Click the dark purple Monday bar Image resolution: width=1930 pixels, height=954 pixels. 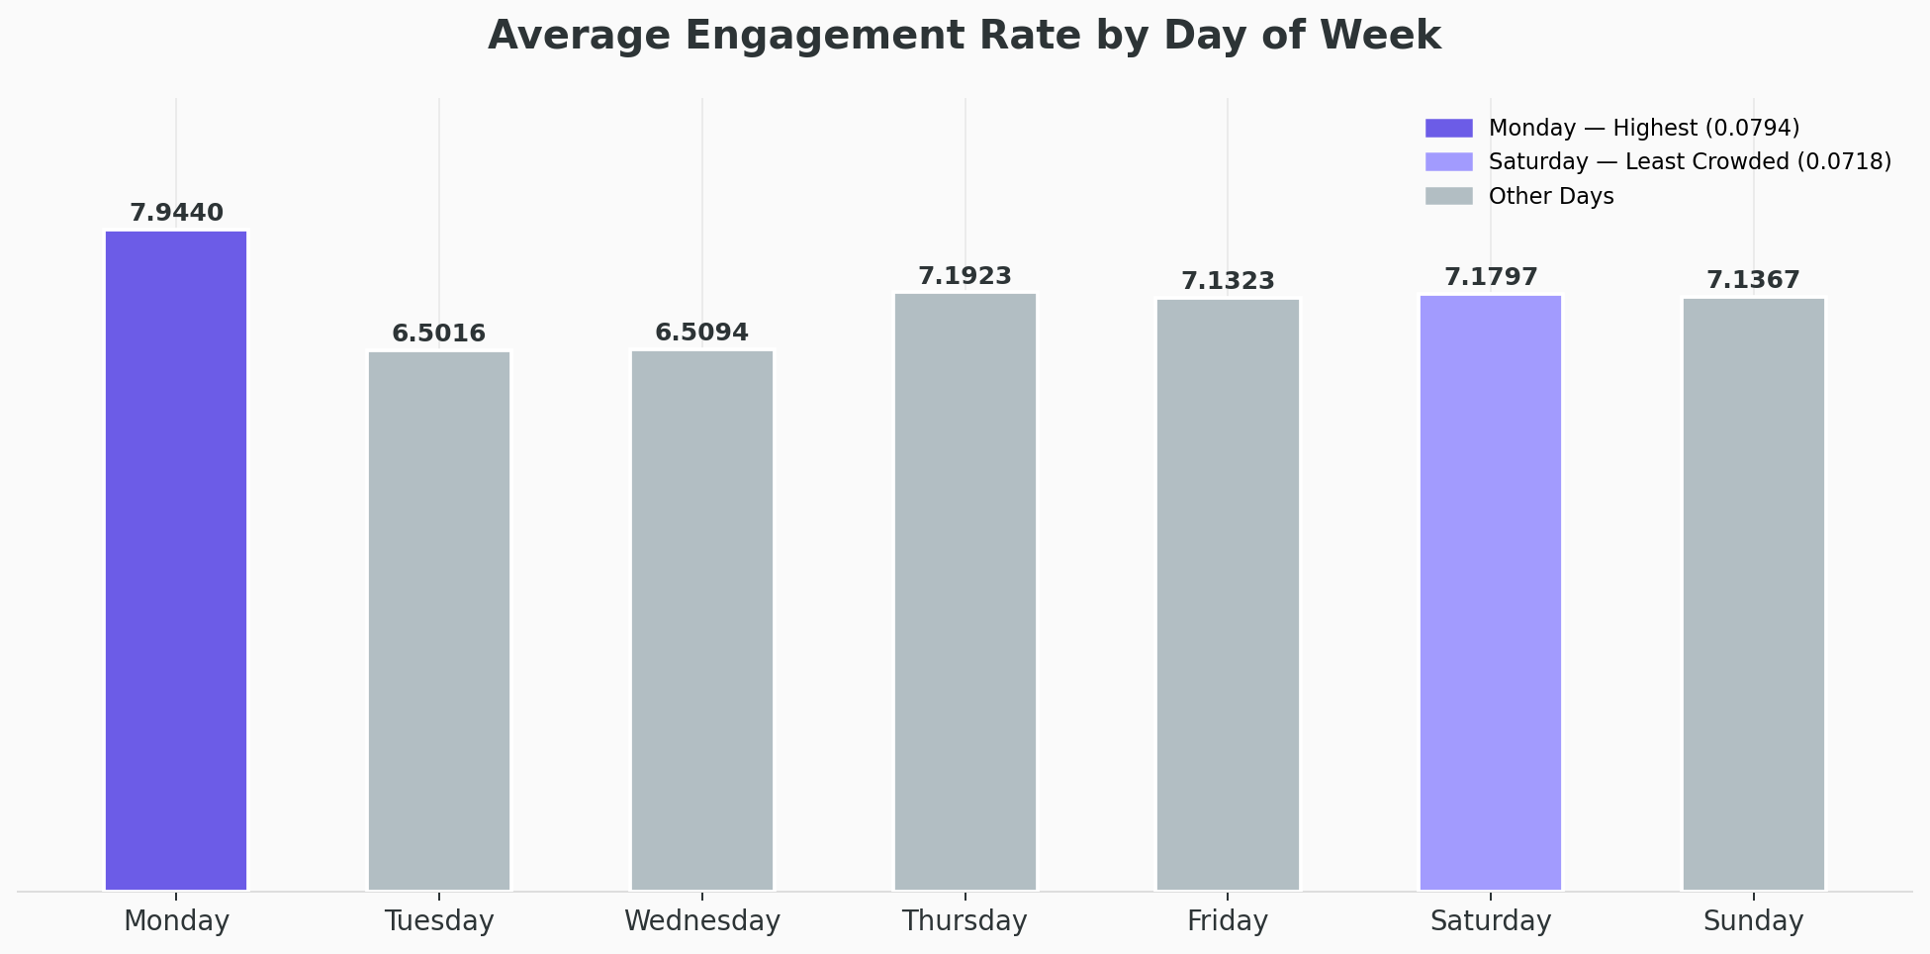click(x=176, y=560)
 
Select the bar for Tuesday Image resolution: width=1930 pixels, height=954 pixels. click(x=439, y=620)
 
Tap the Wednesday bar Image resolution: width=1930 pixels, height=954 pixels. click(x=702, y=620)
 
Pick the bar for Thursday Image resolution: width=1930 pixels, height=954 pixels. click(x=965, y=592)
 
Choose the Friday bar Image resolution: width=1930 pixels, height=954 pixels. click(x=1228, y=594)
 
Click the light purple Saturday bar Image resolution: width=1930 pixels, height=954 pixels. click(x=1491, y=593)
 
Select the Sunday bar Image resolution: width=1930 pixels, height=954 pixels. click(x=1754, y=594)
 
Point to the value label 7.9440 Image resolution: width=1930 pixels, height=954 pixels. click(x=177, y=213)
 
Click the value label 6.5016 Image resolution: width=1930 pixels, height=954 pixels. click(x=439, y=334)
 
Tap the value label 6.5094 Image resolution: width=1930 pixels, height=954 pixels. click(x=702, y=333)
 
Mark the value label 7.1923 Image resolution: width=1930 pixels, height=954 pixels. click(x=965, y=276)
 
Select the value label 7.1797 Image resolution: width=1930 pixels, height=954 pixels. click(x=1491, y=277)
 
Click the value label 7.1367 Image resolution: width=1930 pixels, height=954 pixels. click(x=1754, y=280)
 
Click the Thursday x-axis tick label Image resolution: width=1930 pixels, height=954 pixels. click(x=965, y=921)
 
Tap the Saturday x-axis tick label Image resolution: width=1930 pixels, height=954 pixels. click(x=1491, y=921)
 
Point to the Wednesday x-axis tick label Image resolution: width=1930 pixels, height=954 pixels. click(x=702, y=921)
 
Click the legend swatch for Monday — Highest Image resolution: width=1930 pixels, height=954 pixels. click(x=1448, y=128)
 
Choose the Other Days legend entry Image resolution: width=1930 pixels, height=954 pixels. click(x=1550, y=196)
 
